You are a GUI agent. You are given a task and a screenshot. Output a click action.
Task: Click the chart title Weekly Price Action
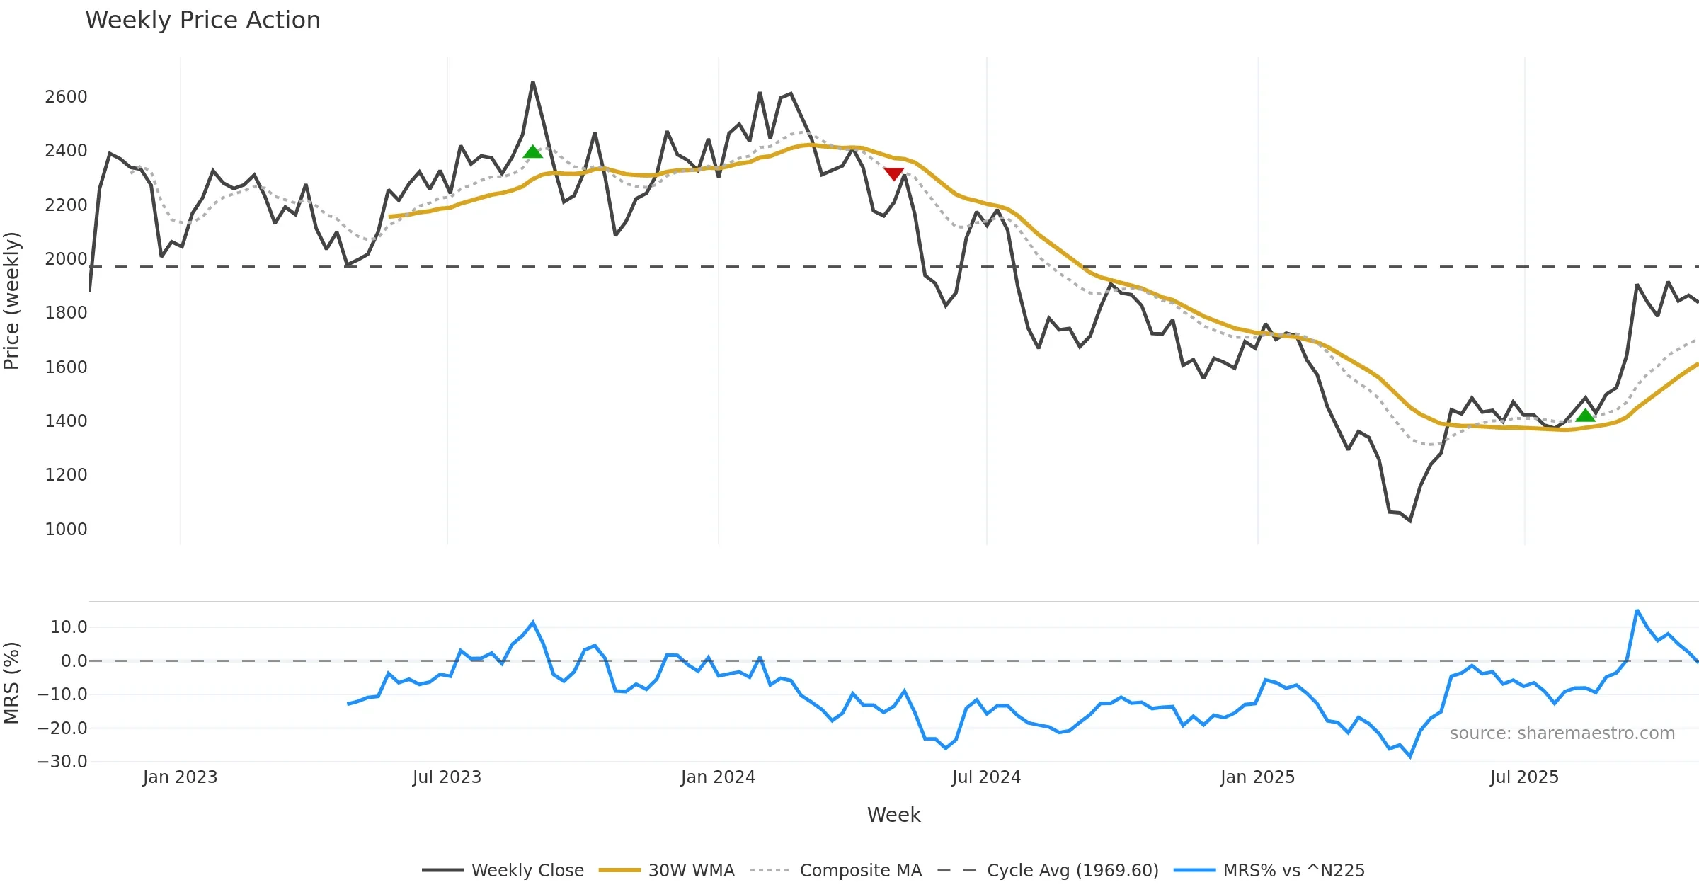[x=202, y=21]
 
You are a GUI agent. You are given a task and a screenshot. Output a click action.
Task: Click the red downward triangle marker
[x=893, y=173]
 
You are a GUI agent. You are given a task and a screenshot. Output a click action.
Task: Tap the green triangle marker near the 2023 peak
[x=532, y=151]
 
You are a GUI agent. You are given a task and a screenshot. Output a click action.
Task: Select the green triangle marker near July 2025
[x=1586, y=415]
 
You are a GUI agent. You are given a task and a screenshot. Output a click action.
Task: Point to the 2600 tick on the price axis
[x=66, y=97]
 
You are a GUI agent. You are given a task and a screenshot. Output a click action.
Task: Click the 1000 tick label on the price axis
[x=66, y=530]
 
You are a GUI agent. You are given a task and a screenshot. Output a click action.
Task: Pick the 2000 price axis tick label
[x=66, y=259]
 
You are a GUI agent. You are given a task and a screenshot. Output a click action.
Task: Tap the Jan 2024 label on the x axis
[x=718, y=777]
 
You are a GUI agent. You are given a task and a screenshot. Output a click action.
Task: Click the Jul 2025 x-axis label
[x=1524, y=777]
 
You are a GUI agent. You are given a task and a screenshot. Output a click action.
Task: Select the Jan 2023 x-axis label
[x=180, y=777]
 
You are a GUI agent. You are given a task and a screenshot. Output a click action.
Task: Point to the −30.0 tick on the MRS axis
[x=62, y=762]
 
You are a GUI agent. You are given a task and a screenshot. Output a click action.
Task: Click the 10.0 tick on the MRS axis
[x=69, y=627]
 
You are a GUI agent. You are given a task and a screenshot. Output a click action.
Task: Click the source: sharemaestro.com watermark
[x=1562, y=733]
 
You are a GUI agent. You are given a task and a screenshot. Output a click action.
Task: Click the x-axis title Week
[x=893, y=816]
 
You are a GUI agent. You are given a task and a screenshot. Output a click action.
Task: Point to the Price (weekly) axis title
[x=12, y=301]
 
